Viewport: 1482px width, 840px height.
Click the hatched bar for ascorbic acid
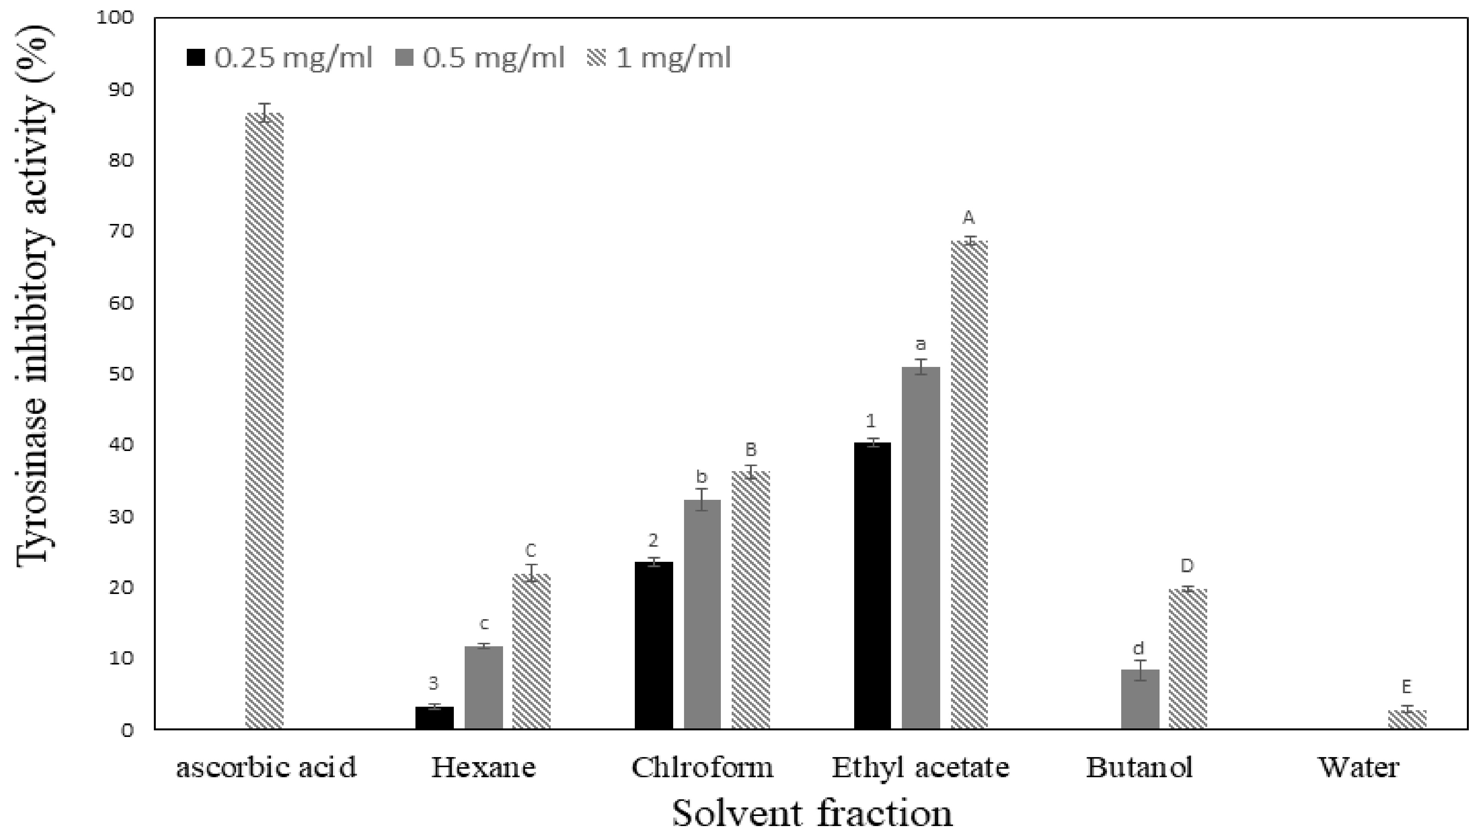click(264, 421)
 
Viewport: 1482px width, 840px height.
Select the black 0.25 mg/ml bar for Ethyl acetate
click(872, 585)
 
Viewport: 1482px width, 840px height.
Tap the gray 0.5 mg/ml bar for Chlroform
click(702, 615)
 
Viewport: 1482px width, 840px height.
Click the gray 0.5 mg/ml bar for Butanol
click(1140, 699)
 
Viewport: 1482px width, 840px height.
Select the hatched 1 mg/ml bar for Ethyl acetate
click(969, 485)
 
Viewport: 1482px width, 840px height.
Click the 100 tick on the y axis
click(115, 18)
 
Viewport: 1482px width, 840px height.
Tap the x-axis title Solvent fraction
click(812, 814)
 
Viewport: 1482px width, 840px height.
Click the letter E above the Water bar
click(1406, 687)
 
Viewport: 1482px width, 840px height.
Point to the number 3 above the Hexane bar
click(434, 683)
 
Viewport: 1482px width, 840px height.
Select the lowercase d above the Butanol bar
click(1139, 649)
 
